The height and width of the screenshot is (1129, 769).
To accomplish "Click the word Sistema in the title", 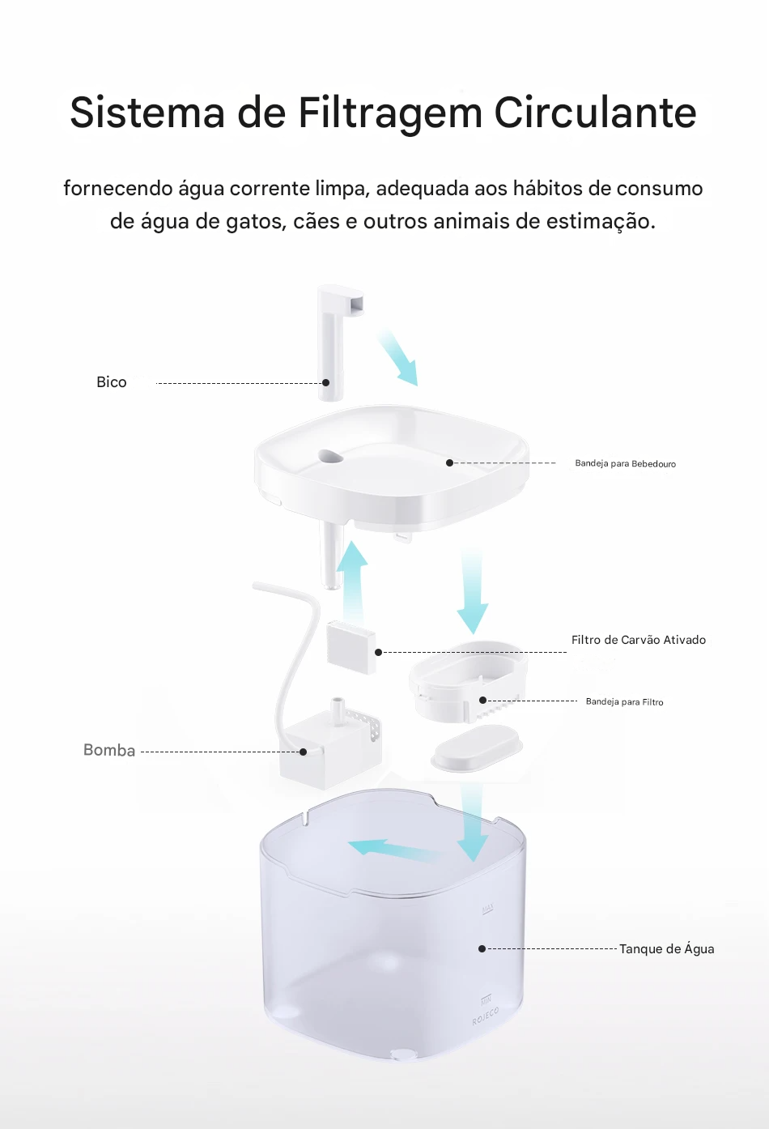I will point(147,113).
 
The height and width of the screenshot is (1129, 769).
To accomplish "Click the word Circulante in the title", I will point(595,113).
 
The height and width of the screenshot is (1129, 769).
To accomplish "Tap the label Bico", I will point(112,382).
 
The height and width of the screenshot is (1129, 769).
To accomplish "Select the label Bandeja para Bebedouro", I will point(625,464).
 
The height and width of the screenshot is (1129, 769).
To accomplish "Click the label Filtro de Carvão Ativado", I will point(638,640).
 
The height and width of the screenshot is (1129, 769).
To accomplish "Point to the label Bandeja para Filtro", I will point(624,702).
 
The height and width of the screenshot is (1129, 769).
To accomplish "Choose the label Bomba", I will point(109,751).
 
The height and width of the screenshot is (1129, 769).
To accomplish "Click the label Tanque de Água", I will point(666,949).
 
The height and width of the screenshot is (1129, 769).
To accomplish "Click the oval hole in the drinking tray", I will point(330,457).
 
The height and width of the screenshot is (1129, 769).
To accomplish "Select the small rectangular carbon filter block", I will point(351,646).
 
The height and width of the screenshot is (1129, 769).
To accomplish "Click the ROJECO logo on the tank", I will point(486,1017).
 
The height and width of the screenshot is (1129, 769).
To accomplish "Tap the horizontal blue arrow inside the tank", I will point(393,850).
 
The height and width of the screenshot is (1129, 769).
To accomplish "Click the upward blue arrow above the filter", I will point(352,579).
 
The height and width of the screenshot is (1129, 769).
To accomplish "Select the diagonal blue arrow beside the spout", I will point(397,356).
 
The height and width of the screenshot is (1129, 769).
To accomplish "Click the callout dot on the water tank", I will point(482,948).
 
